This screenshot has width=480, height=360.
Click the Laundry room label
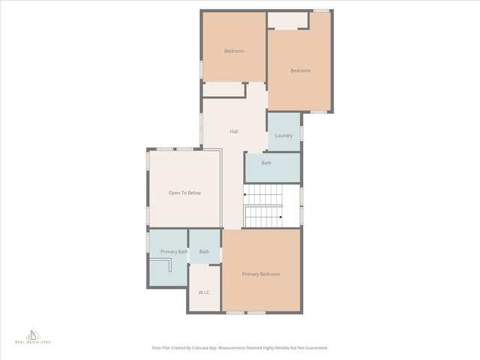pyautogui.click(x=283, y=136)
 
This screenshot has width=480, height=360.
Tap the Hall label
pyautogui.click(x=234, y=132)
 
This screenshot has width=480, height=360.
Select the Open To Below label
pyautogui.click(x=184, y=193)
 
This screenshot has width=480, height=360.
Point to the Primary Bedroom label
pyautogui.click(x=261, y=274)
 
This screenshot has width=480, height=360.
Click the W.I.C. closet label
pyautogui.click(x=204, y=292)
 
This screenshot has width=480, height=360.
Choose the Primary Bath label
pyautogui.click(x=174, y=252)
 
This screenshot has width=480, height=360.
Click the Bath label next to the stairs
pyautogui.click(x=266, y=163)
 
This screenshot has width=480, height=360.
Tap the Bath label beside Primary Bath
pyautogui.click(x=204, y=252)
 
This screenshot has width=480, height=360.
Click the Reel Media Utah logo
pyautogui.click(x=33, y=336)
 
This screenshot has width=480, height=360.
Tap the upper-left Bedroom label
pyautogui.click(x=234, y=51)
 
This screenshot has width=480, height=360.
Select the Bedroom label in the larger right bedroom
pyautogui.click(x=301, y=70)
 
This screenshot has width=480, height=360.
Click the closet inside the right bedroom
pyautogui.click(x=287, y=20)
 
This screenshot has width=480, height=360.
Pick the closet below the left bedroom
pyautogui.click(x=223, y=90)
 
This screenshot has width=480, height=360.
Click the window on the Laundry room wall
pyautogui.click(x=301, y=133)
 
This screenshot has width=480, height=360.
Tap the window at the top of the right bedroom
pyautogui.click(x=322, y=10)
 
